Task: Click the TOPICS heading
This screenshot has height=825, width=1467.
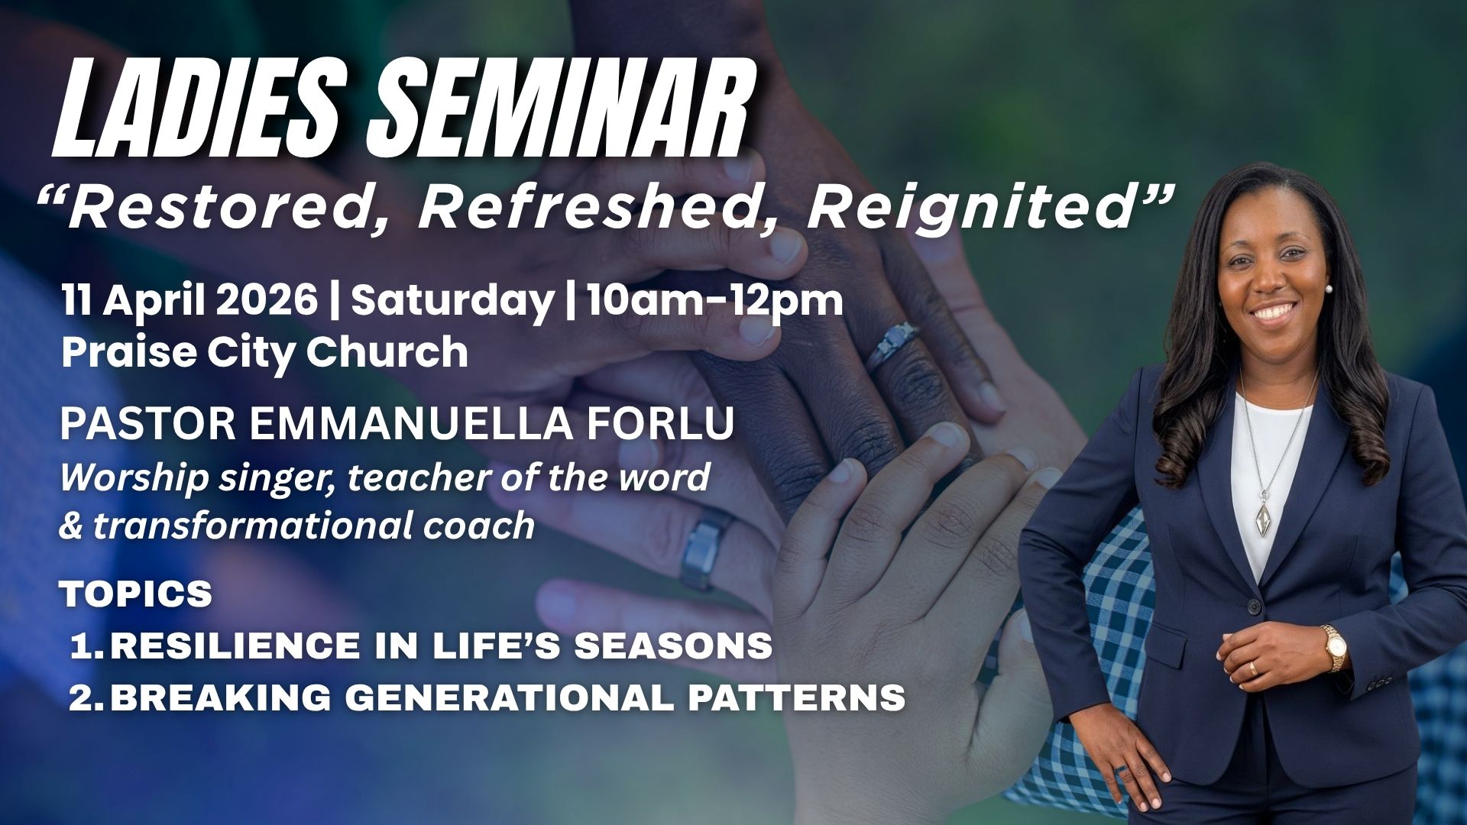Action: tap(136, 594)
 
